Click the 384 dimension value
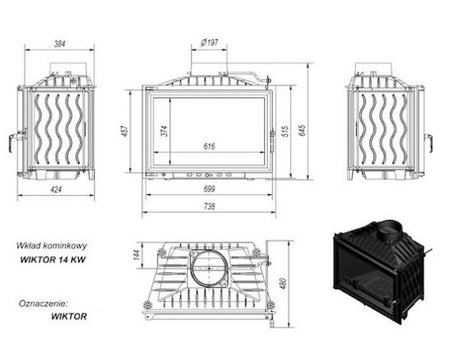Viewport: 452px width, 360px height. (60, 44)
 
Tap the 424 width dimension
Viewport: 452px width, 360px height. (56, 190)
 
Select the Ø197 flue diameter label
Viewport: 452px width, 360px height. (209, 43)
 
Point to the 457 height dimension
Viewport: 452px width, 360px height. (124, 131)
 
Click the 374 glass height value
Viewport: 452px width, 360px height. (163, 131)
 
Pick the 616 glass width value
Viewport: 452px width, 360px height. (209, 146)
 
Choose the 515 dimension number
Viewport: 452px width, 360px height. (285, 131)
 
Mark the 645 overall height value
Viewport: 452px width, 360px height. (302, 131)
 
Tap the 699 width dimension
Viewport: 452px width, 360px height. (209, 189)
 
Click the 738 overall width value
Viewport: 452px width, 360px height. (209, 206)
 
